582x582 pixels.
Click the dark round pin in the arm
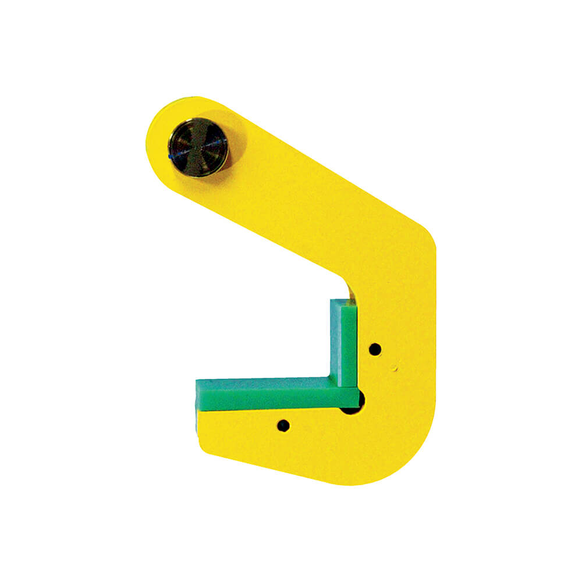tap(198, 147)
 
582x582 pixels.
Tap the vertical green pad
tap(343, 343)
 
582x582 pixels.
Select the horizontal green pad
tap(274, 394)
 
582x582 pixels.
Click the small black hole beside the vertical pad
tap(375, 349)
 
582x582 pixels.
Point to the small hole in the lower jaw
tap(283, 425)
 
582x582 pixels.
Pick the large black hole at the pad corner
tap(355, 405)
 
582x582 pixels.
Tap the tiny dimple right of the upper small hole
tap(394, 368)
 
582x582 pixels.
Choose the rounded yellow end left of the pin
tap(156, 140)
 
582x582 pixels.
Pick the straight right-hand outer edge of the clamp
tap(434, 349)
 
